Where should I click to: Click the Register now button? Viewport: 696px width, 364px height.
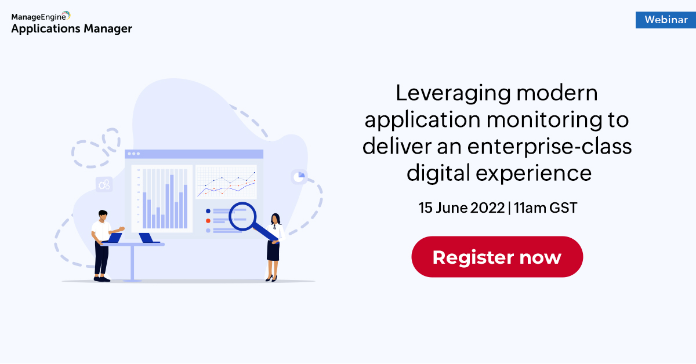pyautogui.click(x=497, y=257)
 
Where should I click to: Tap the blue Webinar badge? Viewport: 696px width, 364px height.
pyautogui.click(x=666, y=20)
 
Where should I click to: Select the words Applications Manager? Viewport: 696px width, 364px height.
pyautogui.click(x=72, y=29)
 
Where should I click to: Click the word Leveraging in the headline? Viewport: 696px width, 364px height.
pyautogui.click(x=454, y=94)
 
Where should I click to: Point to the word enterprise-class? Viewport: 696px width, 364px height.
pyautogui.click(x=550, y=147)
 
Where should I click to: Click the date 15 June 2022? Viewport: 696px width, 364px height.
pyautogui.click(x=462, y=208)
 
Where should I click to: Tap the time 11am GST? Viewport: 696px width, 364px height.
pyautogui.click(x=545, y=208)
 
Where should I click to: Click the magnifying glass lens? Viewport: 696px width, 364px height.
pyautogui.click(x=242, y=216)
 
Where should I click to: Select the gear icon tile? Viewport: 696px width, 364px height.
pyautogui.click(x=104, y=184)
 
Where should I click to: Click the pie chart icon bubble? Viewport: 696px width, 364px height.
pyautogui.click(x=299, y=177)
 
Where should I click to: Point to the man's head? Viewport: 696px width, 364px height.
pyautogui.click(x=103, y=215)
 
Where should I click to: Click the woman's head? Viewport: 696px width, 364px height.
pyautogui.click(x=275, y=219)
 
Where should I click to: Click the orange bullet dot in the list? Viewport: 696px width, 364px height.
pyautogui.click(x=208, y=221)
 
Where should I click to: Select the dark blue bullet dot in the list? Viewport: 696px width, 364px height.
pyautogui.click(x=208, y=211)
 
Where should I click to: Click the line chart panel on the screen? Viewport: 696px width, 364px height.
pyautogui.click(x=226, y=182)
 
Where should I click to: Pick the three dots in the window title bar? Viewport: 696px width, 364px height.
pyautogui.click(x=134, y=154)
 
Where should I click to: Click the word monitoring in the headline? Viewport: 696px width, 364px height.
pyautogui.click(x=541, y=121)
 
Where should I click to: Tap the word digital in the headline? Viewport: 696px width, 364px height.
pyautogui.click(x=438, y=173)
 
